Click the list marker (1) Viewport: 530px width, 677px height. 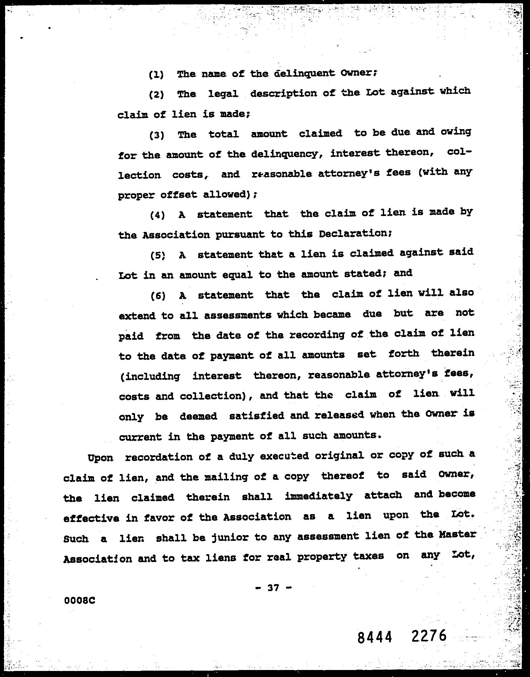156,75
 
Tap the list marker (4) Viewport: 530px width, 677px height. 157,215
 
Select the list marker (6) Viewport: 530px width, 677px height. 158,296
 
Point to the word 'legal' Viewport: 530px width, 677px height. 223,94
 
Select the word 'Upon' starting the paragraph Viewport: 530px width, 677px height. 100,458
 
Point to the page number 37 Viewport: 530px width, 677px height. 273,588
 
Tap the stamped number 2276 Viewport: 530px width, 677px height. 429,637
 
